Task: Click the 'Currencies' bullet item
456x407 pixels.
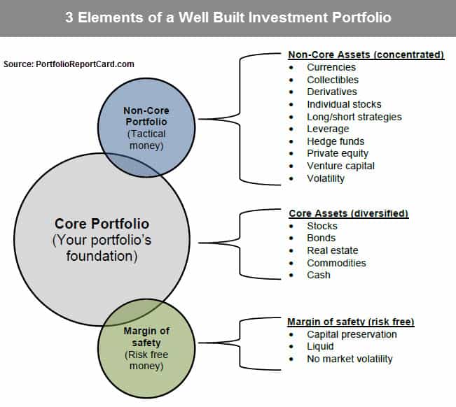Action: click(x=331, y=67)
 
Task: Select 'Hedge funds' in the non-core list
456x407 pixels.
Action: click(x=336, y=141)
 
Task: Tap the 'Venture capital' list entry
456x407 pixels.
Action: click(x=340, y=166)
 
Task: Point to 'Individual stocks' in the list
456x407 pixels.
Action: click(x=344, y=104)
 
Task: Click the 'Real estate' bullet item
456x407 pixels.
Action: click(x=333, y=250)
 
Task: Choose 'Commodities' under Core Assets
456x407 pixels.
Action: click(x=336, y=263)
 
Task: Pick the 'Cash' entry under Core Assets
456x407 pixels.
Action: click(x=319, y=275)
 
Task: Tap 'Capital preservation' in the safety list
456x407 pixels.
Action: click(x=352, y=334)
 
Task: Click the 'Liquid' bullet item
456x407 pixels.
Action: click(x=320, y=347)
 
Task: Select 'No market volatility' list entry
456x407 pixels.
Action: click(x=350, y=359)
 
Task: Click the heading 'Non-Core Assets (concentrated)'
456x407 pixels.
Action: click(x=366, y=55)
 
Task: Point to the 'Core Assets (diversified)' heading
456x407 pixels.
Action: click(x=349, y=214)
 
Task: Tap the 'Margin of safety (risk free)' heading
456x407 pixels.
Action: click(x=351, y=322)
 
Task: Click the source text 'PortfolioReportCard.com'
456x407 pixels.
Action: click(x=85, y=64)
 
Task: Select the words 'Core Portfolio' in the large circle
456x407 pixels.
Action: click(x=102, y=224)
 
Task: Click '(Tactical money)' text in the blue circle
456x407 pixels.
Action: click(x=146, y=140)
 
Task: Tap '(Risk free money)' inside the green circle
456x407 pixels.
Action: click(x=146, y=360)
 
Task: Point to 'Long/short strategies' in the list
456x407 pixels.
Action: click(x=354, y=117)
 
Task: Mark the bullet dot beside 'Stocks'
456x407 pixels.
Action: click(x=291, y=226)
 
